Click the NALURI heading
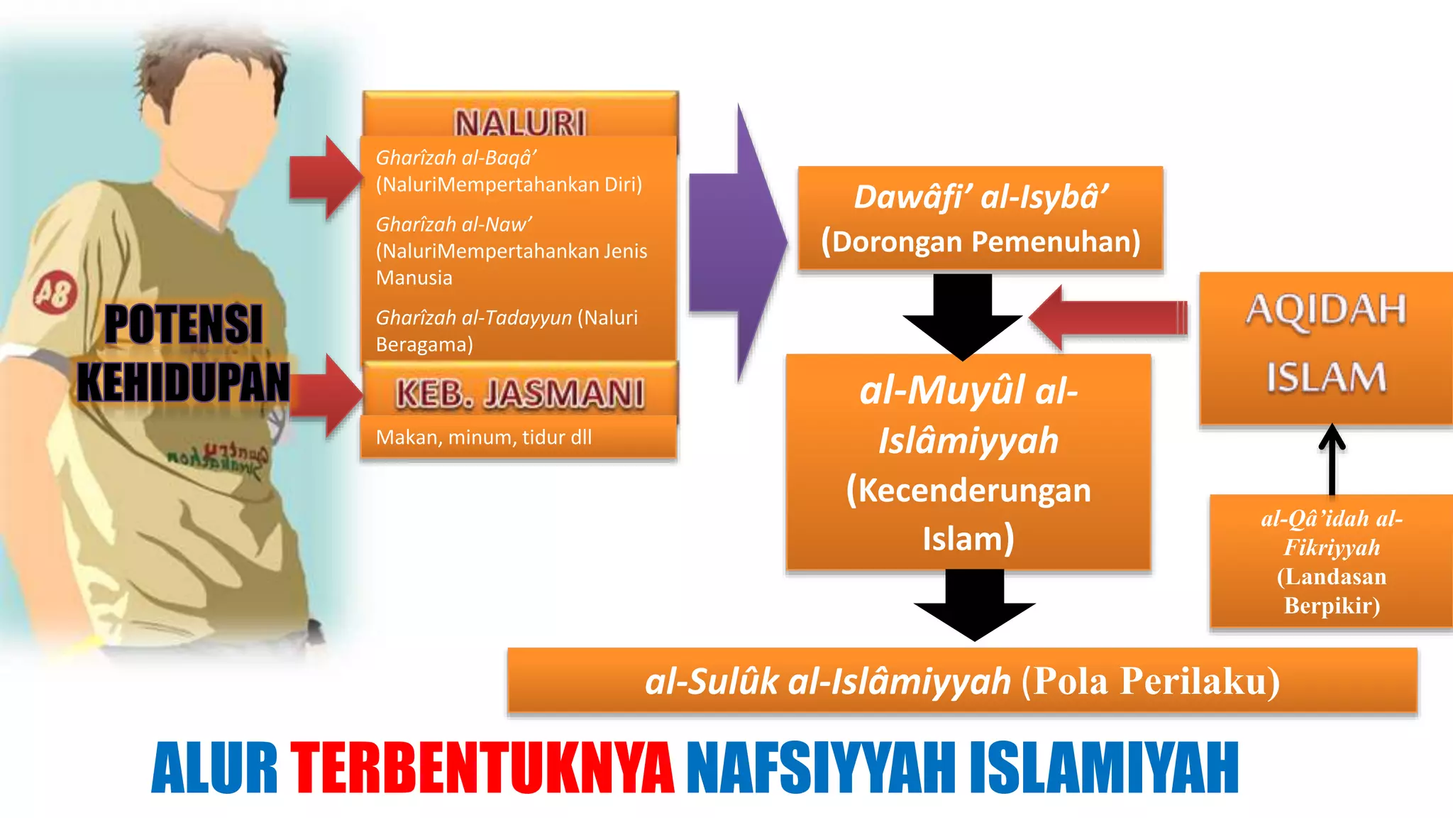point(520,122)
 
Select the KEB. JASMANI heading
point(520,393)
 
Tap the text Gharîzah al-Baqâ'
point(455,158)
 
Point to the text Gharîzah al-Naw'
point(453,224)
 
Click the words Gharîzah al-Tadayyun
point(473,317)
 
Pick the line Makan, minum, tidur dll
point(483,437)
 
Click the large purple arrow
point(738,241)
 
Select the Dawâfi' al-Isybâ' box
point(980,218)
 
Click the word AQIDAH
point(1326,310)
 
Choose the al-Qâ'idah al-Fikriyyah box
point(1332,562)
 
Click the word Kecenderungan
point(968,491)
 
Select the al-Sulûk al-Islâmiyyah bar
point(962,680)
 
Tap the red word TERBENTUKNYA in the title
point(482,768)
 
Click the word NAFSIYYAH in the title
point(821,768)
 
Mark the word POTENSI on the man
point(184,325)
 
